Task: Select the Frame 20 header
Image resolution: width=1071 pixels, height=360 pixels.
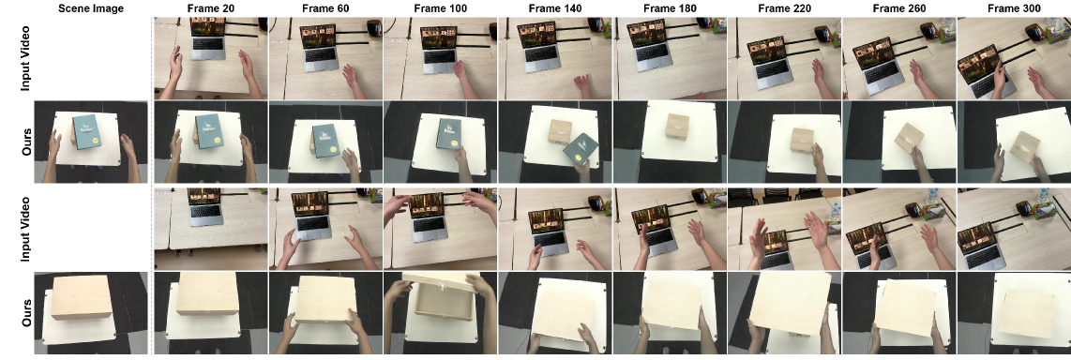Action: click(210, 8)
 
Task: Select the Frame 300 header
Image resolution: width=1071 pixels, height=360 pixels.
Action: click(1015, 8)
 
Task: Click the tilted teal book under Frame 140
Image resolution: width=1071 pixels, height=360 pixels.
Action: click(581, 150)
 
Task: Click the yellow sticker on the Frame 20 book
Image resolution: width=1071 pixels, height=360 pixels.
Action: click(218, 140)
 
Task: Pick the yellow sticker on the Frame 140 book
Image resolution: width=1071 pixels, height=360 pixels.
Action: click(580, 158)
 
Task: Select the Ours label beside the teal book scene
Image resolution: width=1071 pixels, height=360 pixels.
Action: click(26, 142)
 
